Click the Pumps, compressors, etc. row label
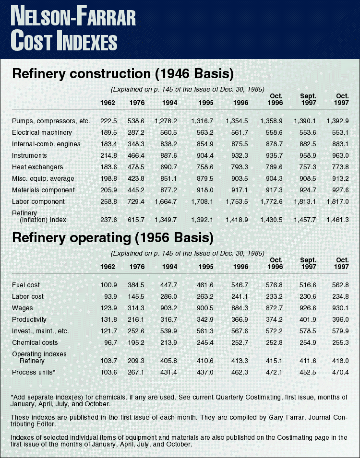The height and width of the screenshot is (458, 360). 51,121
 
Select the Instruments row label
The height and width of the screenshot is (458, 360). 29,155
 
